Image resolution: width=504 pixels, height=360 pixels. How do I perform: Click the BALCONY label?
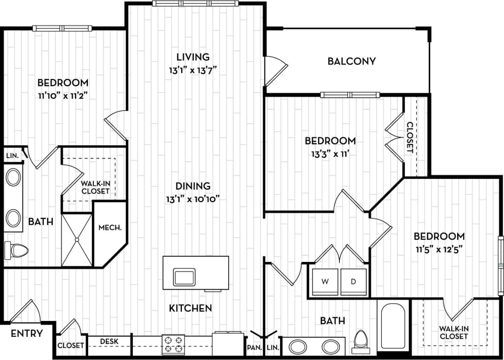click(352, 61)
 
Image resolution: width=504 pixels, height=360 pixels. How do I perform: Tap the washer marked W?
click(325, 282)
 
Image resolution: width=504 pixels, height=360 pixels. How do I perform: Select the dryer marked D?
click(354, 282)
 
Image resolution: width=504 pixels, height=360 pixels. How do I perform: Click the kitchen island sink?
click(184, 277)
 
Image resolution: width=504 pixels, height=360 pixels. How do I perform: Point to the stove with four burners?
click(173, 344)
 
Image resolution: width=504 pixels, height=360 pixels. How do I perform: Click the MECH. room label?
click(110, 227)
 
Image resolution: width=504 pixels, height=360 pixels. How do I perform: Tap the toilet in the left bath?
click(18, 249)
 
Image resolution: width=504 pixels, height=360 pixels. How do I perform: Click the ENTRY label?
click(27, 334)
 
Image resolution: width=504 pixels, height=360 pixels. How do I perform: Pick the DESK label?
click(109, 341)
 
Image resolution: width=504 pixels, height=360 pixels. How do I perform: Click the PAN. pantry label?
click(252, 348)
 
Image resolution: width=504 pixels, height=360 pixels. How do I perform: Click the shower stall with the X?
click(77, 239)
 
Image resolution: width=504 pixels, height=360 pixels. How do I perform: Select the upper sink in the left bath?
click(14, 178)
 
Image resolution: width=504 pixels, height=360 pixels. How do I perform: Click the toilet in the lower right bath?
click(360, 340)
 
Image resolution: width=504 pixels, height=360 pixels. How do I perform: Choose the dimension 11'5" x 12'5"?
click(439, 249)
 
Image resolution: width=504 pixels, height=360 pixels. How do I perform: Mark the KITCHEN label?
click(191, 308)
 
